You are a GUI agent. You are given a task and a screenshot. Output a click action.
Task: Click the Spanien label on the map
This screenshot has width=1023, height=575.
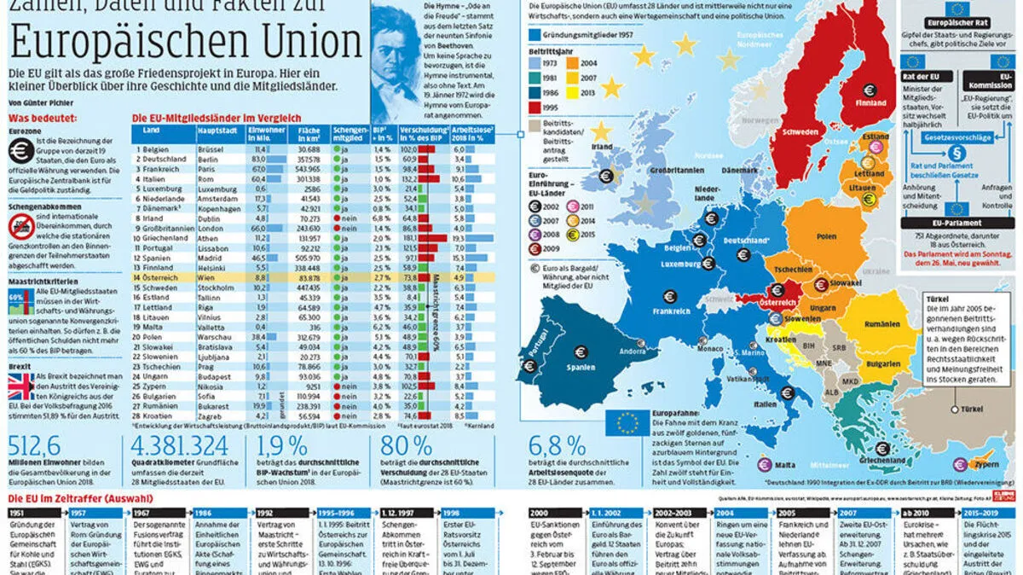pyautogui.click(x=581, y=369)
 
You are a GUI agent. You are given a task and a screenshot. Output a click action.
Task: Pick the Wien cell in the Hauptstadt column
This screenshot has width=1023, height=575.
pyautogui.click(x=207, y=277)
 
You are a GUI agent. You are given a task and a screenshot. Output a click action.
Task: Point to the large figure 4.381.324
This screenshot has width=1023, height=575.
pyautogui.click(x=179, y=445)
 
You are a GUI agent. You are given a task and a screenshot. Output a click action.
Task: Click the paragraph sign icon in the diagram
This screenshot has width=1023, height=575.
pyautogui.click(x=957, y=154)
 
